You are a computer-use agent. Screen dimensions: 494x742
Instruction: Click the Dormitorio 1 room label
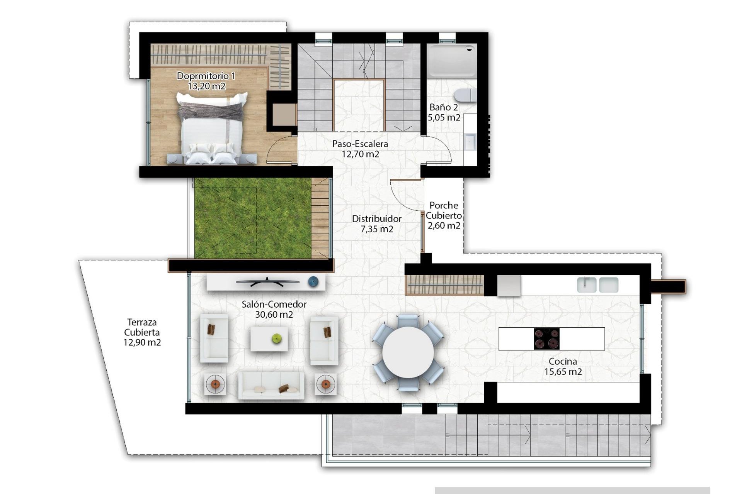[206, 76]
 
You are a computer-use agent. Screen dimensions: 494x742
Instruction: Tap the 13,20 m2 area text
[206, 86]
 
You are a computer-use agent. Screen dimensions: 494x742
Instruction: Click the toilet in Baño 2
[465, 95]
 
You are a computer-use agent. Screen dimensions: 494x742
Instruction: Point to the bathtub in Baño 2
[451, 60]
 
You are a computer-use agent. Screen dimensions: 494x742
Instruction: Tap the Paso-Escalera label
[360, 144]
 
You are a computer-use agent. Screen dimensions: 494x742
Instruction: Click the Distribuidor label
[376, 219]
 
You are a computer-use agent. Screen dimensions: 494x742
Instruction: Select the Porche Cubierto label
[444, 210]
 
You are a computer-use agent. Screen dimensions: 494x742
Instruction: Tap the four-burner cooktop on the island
[546, 339]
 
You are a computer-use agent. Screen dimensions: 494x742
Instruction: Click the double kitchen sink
[597, 285]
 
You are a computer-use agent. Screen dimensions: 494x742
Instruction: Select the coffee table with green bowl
[269, 339]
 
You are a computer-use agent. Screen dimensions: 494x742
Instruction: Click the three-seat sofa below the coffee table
[271, 385]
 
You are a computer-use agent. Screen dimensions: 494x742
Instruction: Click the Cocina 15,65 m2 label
[563, 366]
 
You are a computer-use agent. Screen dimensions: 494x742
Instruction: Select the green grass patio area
[252, 218]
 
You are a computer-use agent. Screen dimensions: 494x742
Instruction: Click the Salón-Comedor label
[274, 304]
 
